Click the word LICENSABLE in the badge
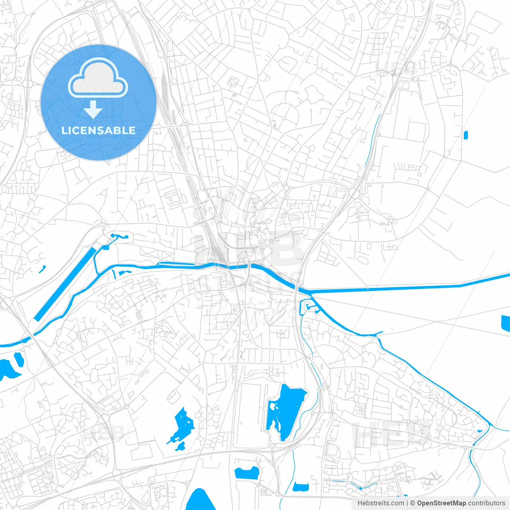click(x=98, y=130)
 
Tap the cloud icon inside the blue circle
click(x=98, y=78)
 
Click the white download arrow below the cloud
click(x=93, y=110)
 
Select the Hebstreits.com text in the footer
click(x=381, y=503)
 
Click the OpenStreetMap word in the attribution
click(x=441, y=503)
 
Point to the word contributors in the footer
click(x=486, y=503)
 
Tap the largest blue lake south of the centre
click(x=285, y=410)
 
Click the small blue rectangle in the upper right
click(x=466, y=135)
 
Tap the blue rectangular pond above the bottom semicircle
click(x=247, y=473)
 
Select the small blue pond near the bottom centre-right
click(x=301, y=486)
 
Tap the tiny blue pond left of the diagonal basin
click(x=42, y=269)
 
